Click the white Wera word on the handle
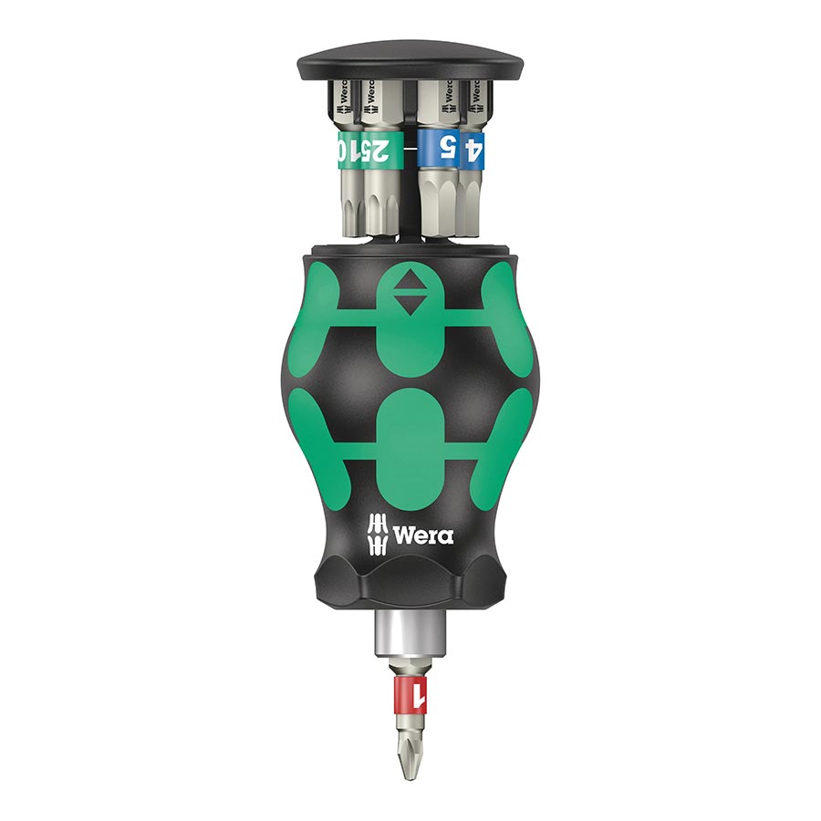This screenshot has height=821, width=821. coord(421,534)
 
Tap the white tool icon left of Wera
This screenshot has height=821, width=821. coord(378,533)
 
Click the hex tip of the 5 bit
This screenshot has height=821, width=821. coord(442,205)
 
